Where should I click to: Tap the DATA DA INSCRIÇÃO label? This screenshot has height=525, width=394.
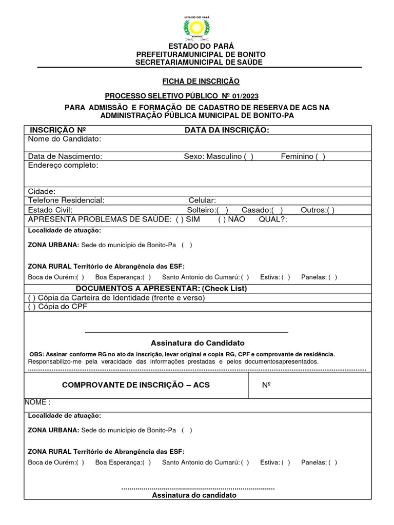226,130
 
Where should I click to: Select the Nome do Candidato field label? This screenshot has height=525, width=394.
65,139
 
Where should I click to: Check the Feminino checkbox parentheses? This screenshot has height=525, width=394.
320,156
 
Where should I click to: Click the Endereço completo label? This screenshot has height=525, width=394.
63,165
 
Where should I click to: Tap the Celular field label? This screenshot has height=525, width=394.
202,200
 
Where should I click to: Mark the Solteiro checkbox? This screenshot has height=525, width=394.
222,210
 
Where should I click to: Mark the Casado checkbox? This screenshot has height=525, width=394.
277,210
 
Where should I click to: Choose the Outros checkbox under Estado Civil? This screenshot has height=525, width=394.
331,210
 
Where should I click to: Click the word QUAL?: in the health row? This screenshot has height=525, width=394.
273,219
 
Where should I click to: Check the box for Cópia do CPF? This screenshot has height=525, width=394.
32,307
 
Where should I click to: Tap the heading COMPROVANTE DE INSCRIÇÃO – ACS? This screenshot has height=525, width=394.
135,385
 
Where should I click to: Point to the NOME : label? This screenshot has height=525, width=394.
37,402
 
